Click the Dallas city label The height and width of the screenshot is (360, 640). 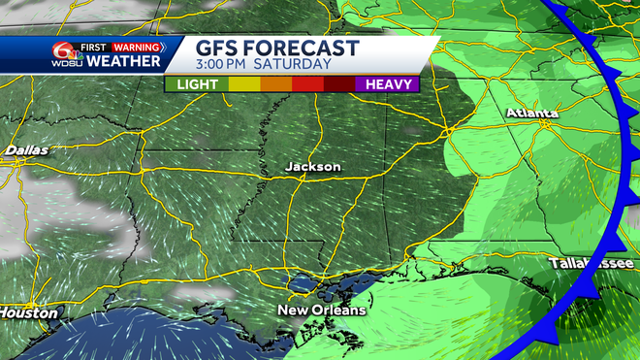pos(26,150)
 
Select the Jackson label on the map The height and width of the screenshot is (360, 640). pos(312,167)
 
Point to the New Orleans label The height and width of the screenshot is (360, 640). pos(322,311)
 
